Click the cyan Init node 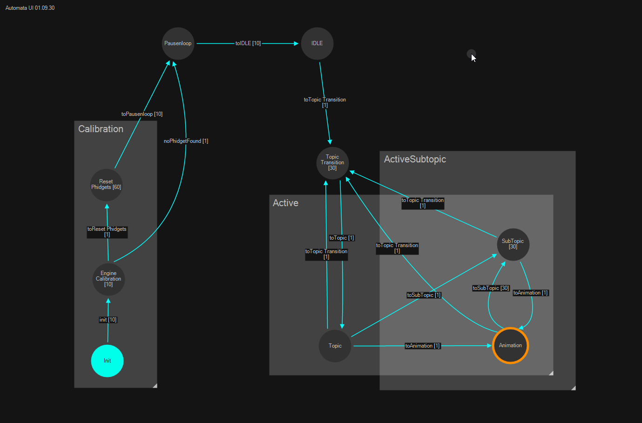(x=107, y=361)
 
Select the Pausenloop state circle (x=178, y=43)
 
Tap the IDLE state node (x=317, y=43)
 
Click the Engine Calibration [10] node (x=108, y=279)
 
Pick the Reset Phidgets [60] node (x=106, y=185)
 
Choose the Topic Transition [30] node (x=332, y=163)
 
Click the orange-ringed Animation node (x=510, y=345)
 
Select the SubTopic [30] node (x=513, y=244)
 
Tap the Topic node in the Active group (x=335, y=346)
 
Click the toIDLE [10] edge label (x=248, y=43)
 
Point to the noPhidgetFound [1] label (x=186, y=141)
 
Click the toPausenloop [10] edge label (x=142, y=114)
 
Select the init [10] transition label (x=108, y=320)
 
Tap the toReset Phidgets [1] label (x=107, y=232)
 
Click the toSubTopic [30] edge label (x=491, y=288)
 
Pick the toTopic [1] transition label (x=342, y=238)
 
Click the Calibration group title (x=101, y=129)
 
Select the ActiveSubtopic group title (x=415, y=159)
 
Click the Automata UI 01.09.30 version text (x=30, y=8)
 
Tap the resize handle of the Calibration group (x=155, y=385)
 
